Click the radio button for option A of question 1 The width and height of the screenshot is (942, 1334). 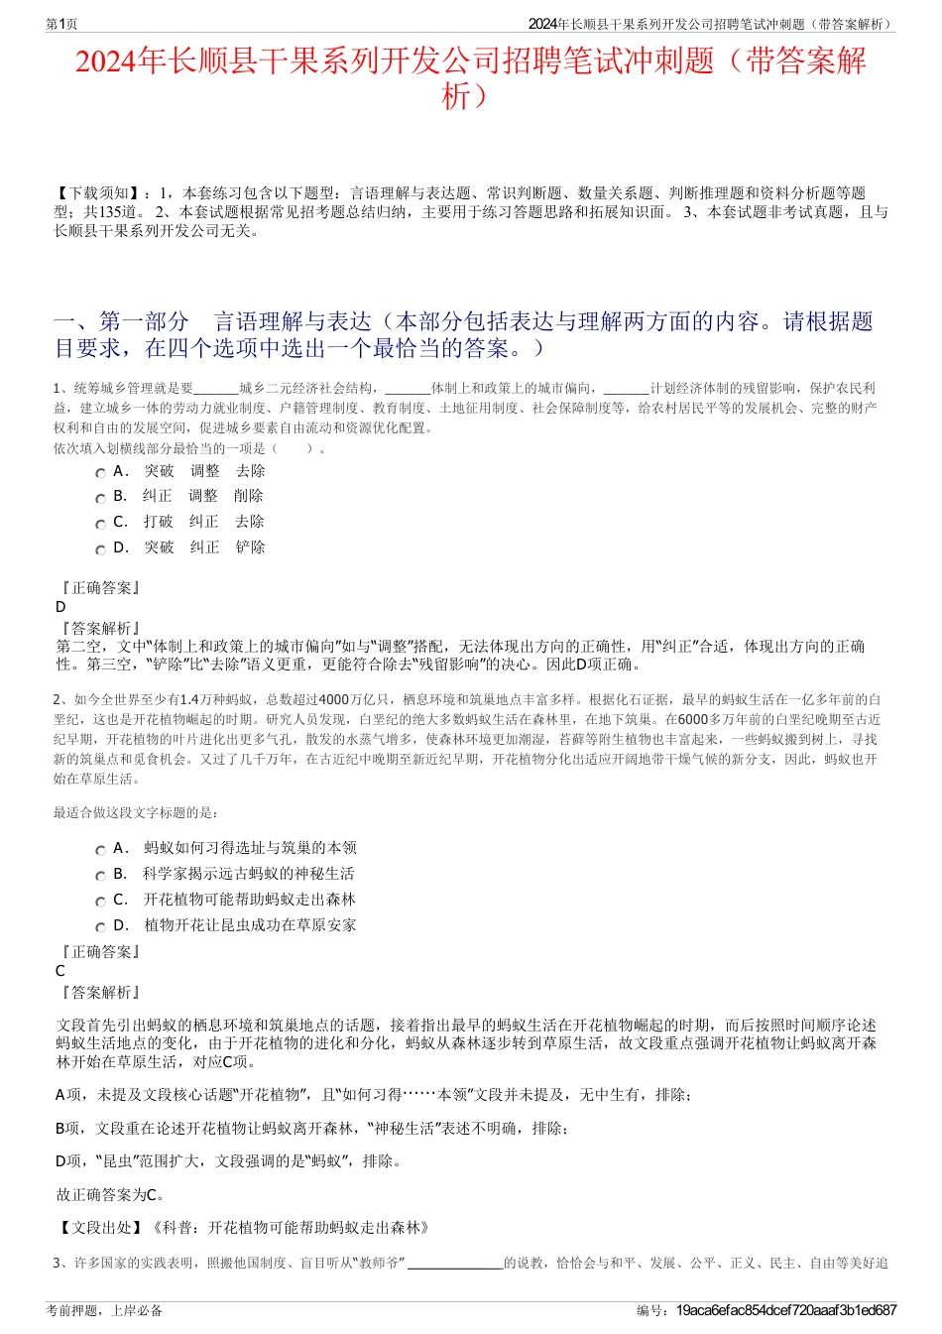coord(100,473)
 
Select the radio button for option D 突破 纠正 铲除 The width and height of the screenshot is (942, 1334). coord(100,549)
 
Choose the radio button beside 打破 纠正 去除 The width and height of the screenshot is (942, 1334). coord(100,524)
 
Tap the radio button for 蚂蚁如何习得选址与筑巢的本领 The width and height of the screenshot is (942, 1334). coord(100,850)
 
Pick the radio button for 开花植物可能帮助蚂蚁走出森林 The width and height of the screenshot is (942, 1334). coord(100,902)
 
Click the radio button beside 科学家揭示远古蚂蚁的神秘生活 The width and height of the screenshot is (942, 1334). coord(100,876)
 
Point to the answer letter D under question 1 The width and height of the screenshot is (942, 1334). coord(60,607)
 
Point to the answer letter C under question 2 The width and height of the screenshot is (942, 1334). coord(60,971)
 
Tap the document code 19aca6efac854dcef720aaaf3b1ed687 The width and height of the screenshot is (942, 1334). coord(785,1310)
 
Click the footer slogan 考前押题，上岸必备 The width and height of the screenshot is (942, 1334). coord(104,1310)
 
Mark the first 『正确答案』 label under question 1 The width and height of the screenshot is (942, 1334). coord(99,588)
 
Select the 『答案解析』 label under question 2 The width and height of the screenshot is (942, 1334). coord(99,992)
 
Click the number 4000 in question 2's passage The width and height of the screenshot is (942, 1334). coord(334,699)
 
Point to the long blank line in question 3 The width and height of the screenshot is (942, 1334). coord(455,1264)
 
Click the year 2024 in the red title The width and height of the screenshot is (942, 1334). coord(106,61)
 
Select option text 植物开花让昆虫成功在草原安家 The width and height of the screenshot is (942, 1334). coord(250,925)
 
